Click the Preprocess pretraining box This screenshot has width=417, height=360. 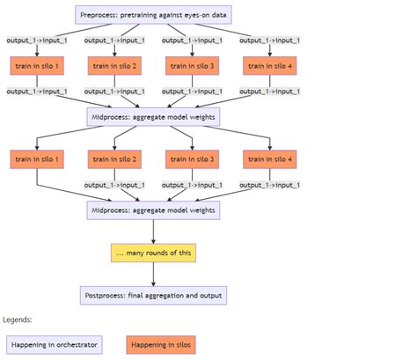click(153, 15)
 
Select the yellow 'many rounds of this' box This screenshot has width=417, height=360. click(153, 253)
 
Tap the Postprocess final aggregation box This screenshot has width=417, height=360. click(153, 296)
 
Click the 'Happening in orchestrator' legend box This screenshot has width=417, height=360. click(55, 345)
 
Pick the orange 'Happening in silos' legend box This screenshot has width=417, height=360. click(161, 345)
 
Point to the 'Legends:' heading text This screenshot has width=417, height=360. click(18, 320)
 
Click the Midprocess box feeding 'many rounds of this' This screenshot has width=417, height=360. click(153, 210)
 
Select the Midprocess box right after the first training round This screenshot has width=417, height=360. click(153, 117)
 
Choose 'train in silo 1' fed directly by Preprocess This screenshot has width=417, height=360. click(37, 66)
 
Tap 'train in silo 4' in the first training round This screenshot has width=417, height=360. click(270, 66)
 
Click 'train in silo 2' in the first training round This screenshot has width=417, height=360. click(114, 66)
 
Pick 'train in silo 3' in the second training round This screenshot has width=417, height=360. click(192, 159)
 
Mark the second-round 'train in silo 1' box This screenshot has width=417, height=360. click(37, 159)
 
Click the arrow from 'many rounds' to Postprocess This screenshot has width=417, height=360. click(153, 274)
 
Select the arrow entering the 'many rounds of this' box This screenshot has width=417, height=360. click(153, 231)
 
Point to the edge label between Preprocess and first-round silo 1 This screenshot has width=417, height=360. click(37, 40)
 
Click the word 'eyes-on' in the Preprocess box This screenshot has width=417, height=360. click(196, 15)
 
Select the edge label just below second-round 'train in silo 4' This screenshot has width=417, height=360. click(270, 185)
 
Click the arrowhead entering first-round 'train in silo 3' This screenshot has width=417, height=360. click(192, 55)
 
